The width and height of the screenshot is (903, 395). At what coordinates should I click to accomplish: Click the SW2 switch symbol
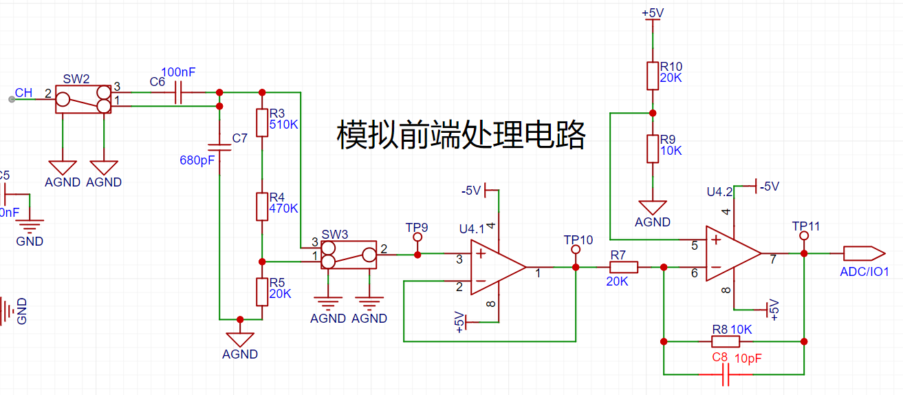click(x=83, y=100)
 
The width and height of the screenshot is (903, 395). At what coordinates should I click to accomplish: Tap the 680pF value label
click(x=197, y=160)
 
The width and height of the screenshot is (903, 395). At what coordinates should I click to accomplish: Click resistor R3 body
click(x=262, y=122)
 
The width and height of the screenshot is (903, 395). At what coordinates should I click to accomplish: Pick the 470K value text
click(x=283, y=208)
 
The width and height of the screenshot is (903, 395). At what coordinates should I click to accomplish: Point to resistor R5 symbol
click(x=262, y=291)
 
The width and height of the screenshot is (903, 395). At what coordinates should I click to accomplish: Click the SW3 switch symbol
click(x=349, y=255)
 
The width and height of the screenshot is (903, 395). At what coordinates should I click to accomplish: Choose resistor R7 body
click(x=624, y=267)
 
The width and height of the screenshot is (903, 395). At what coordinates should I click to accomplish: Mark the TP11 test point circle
click(x=803, y=236)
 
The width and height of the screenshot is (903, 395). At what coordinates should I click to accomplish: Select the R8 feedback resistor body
click(x=726, y=341)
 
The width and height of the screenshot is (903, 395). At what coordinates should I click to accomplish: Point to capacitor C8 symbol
click(x=726, y=374)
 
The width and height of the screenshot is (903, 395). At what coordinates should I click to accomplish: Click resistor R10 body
click(x=653, y=75)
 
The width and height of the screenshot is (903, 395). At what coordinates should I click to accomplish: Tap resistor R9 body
click(x=653, y=148)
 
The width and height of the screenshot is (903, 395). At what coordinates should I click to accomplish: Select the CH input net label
click(x=23, y=93)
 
